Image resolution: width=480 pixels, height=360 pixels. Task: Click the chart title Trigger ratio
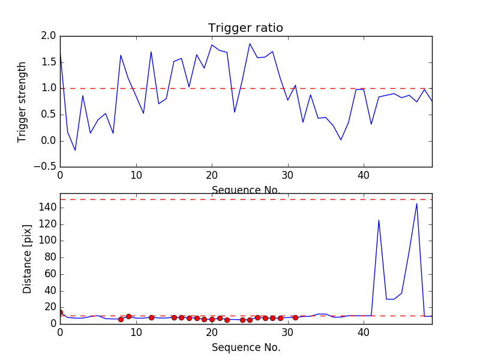coord(245,28)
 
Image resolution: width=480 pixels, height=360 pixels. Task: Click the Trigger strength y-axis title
coord(22,101)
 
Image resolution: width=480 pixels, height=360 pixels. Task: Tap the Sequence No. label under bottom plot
coord(246,347)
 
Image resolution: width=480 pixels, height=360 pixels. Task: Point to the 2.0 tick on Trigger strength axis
coord(49,36)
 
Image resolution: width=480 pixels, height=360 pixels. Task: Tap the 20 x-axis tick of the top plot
coord(212,176)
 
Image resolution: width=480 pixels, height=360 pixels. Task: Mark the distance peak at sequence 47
coord(417,203)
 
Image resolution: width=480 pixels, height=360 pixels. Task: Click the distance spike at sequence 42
coord(379,220)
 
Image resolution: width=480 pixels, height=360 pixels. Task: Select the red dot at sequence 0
coord(60,312)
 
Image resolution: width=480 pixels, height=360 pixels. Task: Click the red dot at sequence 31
coord(295,317)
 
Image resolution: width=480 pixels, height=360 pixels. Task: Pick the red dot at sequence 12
coord(151,317)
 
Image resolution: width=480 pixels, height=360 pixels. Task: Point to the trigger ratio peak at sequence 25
coord(250,43)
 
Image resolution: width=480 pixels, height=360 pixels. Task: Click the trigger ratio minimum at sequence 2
coord(75,150)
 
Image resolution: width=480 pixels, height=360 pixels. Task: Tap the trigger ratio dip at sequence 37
coord(341,140)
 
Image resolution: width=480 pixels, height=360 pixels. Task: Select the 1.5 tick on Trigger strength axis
coord(49,62)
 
